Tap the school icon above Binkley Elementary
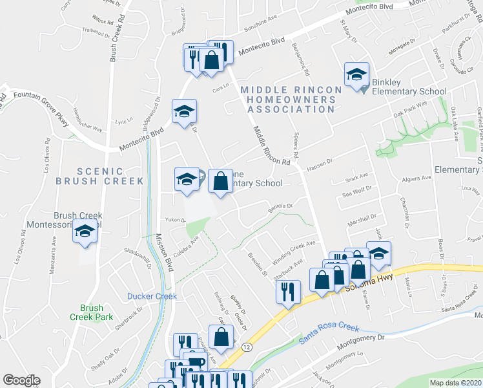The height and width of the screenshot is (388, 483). [x=356, y=75]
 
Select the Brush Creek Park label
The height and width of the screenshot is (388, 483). [x=92, y=312]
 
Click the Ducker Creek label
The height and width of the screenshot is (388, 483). [x=152, y=296]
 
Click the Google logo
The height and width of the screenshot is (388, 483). [x=21, y=380]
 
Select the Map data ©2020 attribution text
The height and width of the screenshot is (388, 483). [x=455, y=383]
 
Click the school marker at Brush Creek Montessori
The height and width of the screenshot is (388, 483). [x=85, y=232]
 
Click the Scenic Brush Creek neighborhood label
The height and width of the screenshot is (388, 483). [x=99, y=177]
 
